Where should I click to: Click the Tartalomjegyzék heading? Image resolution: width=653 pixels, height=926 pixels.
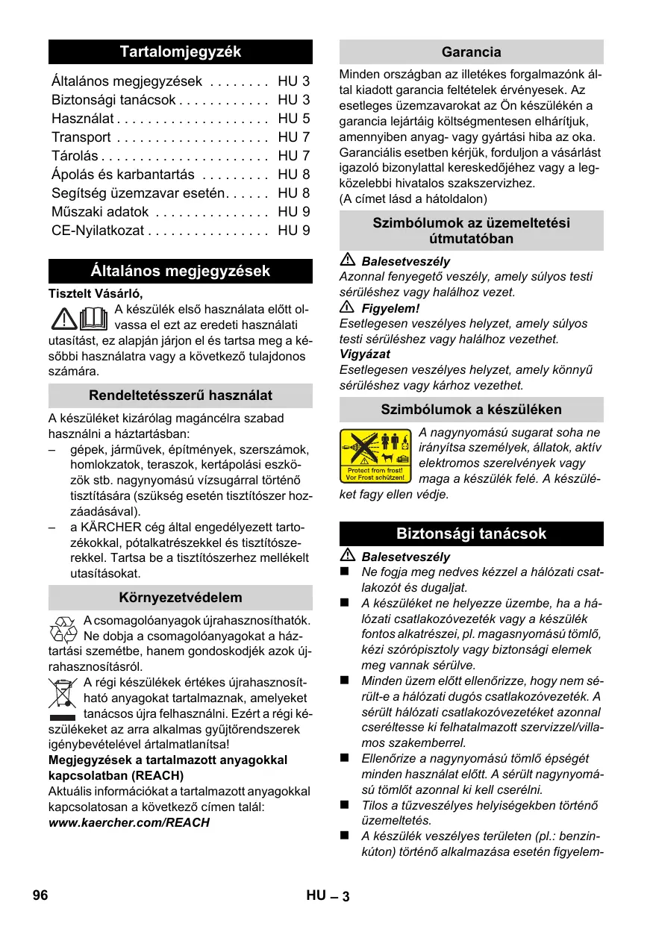coord(181,51)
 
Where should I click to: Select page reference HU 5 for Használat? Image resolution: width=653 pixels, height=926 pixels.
coord(293,119)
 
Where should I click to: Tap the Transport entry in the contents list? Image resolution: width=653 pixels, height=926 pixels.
coord(81,137)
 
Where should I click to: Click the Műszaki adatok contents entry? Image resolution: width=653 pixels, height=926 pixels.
coord(100,212)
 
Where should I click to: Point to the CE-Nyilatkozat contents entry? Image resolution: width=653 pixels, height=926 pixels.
coord(98,231)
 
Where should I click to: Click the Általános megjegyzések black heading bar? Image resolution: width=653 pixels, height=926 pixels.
coord(181,271)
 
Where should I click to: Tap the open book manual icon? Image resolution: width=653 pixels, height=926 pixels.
coord(93,319)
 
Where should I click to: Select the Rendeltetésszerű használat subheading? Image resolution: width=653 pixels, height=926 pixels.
coord(181,395)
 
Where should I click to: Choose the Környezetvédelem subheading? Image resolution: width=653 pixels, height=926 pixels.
coord(181,598)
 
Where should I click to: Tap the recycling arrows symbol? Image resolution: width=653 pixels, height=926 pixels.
coord(63,630)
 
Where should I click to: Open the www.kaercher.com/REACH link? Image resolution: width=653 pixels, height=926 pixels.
coord(128,822)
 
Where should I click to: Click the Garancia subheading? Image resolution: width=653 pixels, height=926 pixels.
coord(471,52)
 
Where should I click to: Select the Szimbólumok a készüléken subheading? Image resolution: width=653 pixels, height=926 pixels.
coord(471,409)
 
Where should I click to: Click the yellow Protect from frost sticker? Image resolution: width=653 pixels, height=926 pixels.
coord(376,456)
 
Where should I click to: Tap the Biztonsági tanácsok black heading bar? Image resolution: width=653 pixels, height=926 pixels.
coord(471,534)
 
